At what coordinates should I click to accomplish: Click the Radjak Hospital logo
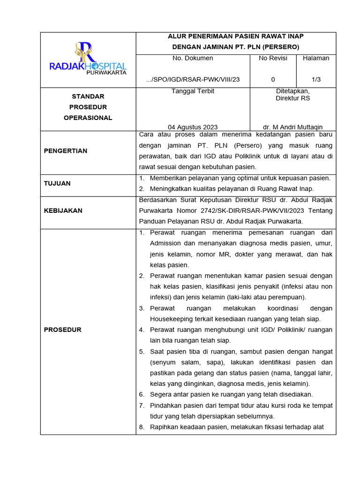[88, 57]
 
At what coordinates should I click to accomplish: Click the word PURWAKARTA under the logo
[106, 73]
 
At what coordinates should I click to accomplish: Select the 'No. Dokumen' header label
[193, 58]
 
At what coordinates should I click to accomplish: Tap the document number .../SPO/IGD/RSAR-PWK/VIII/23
[193, 79]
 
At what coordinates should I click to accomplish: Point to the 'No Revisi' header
[273, 58]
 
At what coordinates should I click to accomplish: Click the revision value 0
[273, 79]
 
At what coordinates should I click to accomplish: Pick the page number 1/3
[316, 79]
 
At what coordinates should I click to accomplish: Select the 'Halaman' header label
[316, 58]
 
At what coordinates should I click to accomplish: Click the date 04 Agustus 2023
[193, 127]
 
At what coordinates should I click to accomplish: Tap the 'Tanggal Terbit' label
[193, 91]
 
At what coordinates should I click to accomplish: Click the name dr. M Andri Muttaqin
[292, 127]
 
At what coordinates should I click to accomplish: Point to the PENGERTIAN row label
[66, 151]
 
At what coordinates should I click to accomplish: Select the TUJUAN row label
[57, 183]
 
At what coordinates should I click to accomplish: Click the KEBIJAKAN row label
[63, 210]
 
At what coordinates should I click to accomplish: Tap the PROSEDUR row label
[62, 330]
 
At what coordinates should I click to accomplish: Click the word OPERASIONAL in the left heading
[88, 118]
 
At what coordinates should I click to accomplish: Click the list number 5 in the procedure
[142, 351]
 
